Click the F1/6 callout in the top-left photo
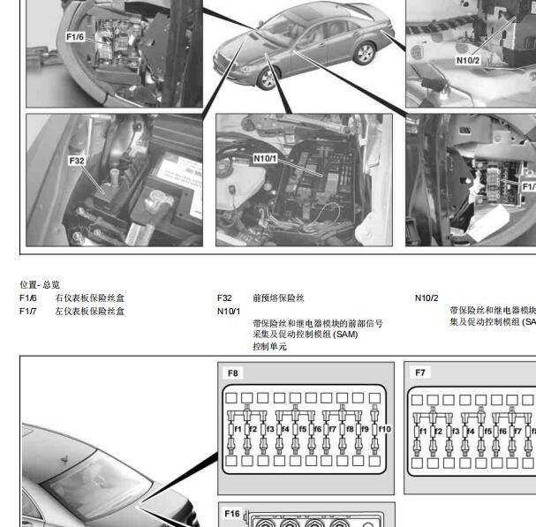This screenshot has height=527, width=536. pyautogui.click(x=75, y=37)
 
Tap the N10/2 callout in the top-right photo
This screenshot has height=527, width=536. pyautogui.click(x=468, y=60)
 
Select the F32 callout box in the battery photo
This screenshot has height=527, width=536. pyautogui.click(x=77, y=161)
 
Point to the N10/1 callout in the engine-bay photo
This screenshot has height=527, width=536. pyautogui.click(x=265, y=158)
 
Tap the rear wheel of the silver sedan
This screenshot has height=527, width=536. pyautogui.click(x=364, y=53)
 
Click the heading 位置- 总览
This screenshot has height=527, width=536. pyautogui.click(x=40, y=285)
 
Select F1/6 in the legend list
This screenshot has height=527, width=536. pyautogui.click(x=28, y=298)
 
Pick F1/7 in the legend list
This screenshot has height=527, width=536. pyautogui.click(x=28, y=311)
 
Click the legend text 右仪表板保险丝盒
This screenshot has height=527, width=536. pyautogui.click(x=89, y=298)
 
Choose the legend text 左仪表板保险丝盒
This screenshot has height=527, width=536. pyautogui.click(x=89, y=311)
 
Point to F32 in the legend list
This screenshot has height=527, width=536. pyautogui.click(x=225, y=298)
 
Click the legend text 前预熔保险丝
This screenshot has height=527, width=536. pyautogui.click(x=278, y=298)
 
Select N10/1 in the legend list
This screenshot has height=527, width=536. pyautogui.click(x=229, y=311)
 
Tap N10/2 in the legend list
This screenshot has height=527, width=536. pyautogui.click(x=427, y=298)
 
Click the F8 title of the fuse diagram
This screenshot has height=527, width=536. pyautogui.click(x=233, y=373)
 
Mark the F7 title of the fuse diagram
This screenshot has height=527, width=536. pyautogui.click(x=420, y=373)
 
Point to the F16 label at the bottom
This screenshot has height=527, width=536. pyautogui.click(x=232, y=514)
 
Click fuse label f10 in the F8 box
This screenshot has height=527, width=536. pyautogui.click(x=385, y=430)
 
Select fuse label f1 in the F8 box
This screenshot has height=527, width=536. pyautogui.click(x=238, y=430)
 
